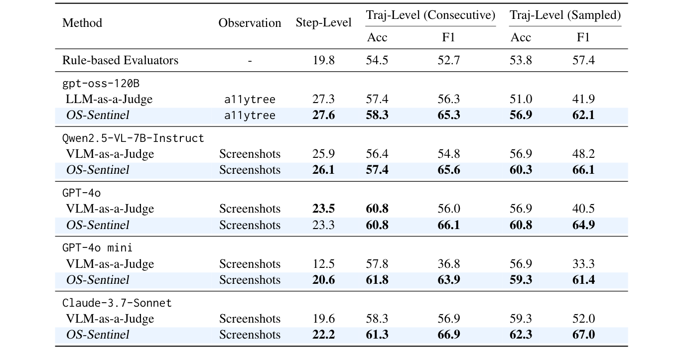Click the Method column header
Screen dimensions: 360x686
point(82,23)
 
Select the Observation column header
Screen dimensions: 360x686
point(250,23)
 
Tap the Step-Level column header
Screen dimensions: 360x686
point(323,23)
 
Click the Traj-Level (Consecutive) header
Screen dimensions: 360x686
point(430,15)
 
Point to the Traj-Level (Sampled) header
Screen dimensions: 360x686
point(565,15)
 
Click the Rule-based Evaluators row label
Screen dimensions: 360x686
point(120,60)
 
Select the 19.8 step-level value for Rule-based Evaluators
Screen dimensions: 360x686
point(323,60)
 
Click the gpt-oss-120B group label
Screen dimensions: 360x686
point(101,83)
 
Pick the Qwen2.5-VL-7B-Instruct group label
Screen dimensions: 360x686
point(133,138)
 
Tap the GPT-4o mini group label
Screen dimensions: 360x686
point(97,247)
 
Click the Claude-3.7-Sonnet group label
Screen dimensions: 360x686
point(117,303)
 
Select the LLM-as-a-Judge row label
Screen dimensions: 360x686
point(109,99)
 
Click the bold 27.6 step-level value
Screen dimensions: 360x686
point(323,115)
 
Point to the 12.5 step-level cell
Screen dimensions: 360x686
point(323,264)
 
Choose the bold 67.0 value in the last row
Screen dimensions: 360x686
point(583,335)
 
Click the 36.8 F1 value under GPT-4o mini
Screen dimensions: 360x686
point(448,264)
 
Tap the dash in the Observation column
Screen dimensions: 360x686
point(250,61)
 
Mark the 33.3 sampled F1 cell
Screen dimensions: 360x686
point(583,264)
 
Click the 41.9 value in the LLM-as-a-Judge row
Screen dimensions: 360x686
point(583,99)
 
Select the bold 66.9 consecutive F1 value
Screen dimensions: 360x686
point(448,335)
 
